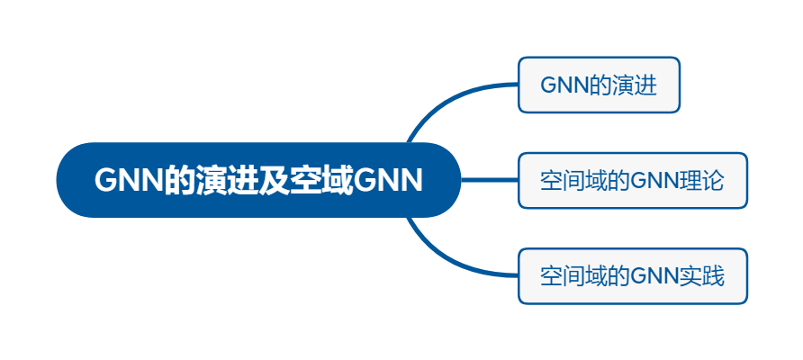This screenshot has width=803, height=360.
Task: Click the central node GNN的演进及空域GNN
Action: (x=258, y=180)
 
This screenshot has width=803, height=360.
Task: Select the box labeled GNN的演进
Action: (x=599, y=85)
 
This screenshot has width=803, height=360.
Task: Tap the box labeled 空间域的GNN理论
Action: (x=633, y=180)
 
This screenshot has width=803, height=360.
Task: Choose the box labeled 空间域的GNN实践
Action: (x=633, y=276)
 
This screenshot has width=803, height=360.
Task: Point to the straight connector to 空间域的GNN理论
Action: (x=490, y=180)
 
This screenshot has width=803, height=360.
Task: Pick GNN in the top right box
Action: (x=566, y=85)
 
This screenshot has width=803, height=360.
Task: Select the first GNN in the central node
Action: (x=129, y=180)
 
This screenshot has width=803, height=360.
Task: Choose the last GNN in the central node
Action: (x=388, y=180)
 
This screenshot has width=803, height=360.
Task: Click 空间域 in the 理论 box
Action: (x=568, y=180)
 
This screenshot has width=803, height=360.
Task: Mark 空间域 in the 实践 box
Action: (x=568, y=276)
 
